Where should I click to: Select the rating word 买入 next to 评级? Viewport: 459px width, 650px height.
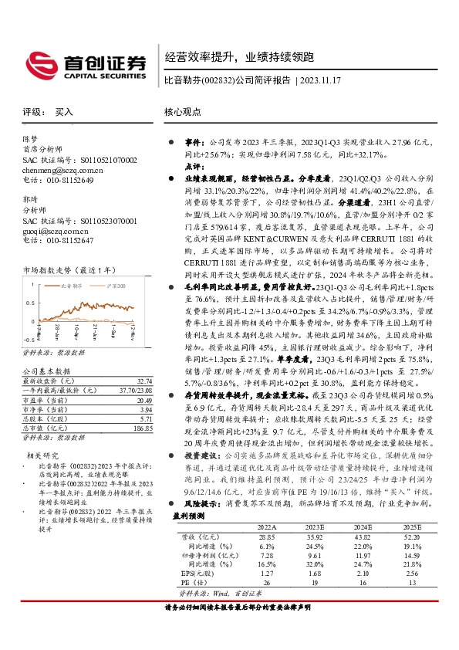[x=64, y=112]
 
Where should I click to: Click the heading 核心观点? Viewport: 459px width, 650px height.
[x=184, y=112]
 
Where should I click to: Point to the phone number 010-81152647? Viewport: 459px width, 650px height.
[x=66, y=241]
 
